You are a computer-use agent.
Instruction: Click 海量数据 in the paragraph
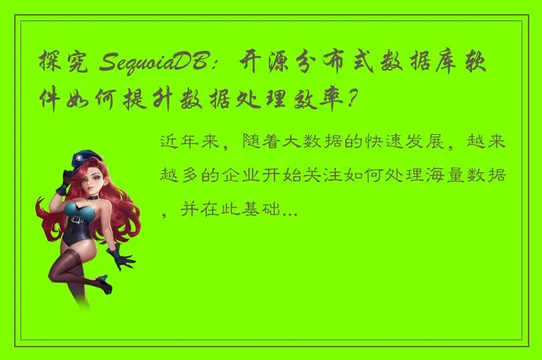tap(472, 175)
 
